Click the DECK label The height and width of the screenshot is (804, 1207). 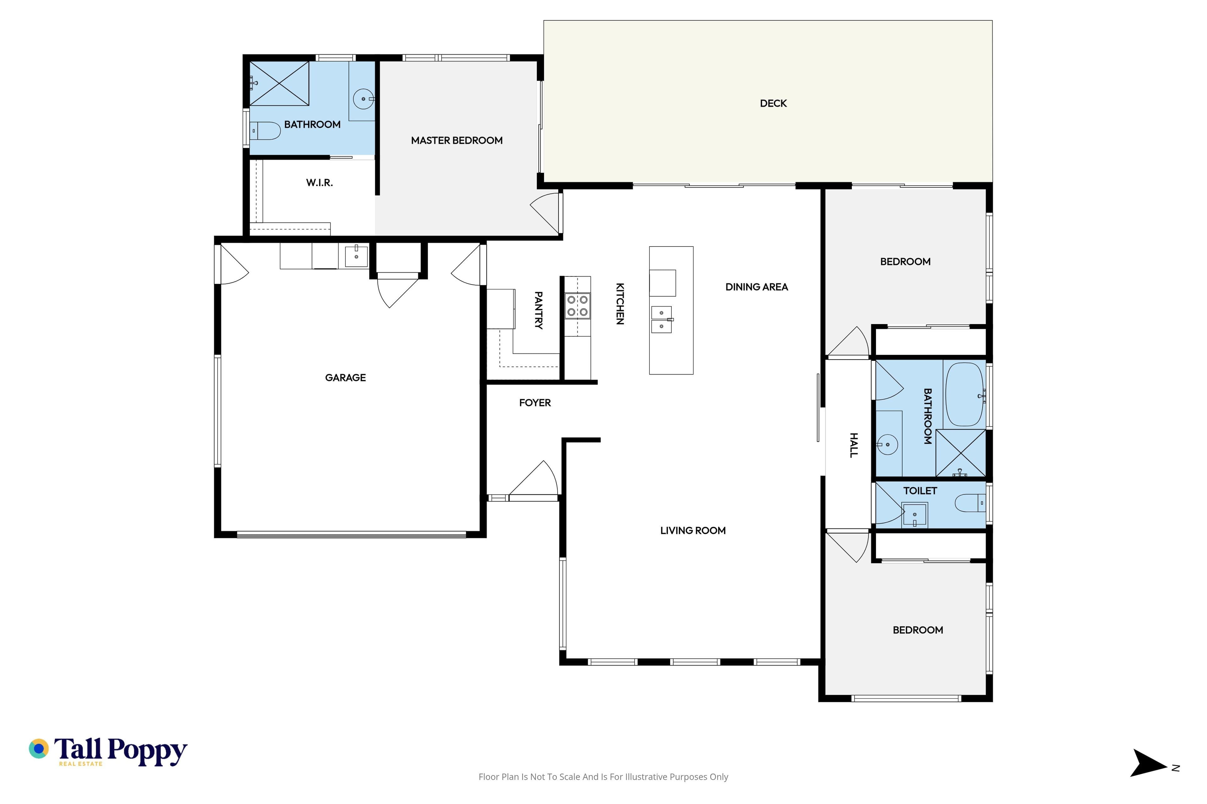click(773, 104)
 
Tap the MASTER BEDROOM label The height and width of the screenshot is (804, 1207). click(457, 140)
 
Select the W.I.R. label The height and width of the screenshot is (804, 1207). click(319, 182)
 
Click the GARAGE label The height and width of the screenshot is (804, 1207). click(345, 378)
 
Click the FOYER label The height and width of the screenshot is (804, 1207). click(535, 403)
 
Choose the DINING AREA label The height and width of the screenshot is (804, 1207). click(757, 287)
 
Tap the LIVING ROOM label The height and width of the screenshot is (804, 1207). click(693, 531)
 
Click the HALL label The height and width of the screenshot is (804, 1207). click(853, 445)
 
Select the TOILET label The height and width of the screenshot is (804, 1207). click(920, 491)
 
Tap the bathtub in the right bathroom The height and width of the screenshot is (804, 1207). click(964, 394)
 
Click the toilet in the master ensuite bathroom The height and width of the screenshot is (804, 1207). click(265, 131)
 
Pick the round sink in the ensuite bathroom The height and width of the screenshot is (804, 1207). click(363, 99)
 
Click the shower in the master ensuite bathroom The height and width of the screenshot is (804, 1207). click(279, 84)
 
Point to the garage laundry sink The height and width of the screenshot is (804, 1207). click(356, 256)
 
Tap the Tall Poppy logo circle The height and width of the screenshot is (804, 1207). click(38, 749)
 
